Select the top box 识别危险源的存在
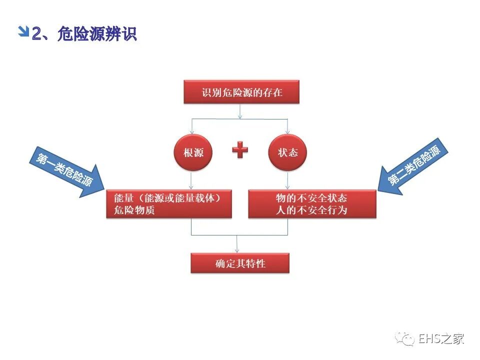click(241, 92)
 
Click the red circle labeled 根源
click(193, 152)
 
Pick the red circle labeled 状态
click(287, 152)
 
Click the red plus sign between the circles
click(240, 149)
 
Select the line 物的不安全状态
click(311, 197)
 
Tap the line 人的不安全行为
click(311, 210)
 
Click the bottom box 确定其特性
click(240, 263)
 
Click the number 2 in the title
click(36, 34)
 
